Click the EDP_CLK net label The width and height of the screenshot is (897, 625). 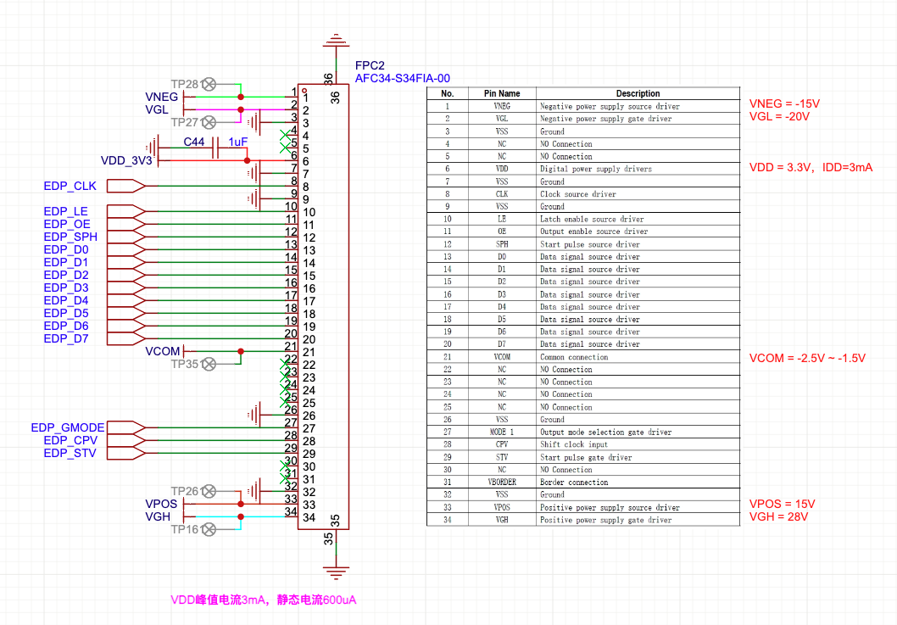pyautogui.click(x=70, y=186)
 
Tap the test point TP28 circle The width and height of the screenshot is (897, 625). pyautogui.click(x=209, y=84)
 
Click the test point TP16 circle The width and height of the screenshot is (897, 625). pyautogui.click(x=209, y=529)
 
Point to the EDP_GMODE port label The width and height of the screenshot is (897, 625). pyautogui.click(x=68, y=427)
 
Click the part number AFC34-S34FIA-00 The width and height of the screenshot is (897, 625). pyautogui.click(x=402, y=78)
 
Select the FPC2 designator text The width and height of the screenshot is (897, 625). pyautogui.click(x=370, y=66)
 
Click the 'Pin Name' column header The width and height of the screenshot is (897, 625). pyautogui.click(x=502, y=93)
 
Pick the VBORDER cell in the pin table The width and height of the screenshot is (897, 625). pyautogui.click(x=502, y=482)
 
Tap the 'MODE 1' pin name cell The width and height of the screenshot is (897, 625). pyautogui.click(x=502, y=432)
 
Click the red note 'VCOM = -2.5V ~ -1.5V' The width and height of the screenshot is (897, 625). pyautogui.click(x=807, y=358)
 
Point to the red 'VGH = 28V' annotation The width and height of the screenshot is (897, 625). pyautogui.click(x=778, y=516)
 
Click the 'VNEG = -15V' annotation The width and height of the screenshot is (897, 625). pyautogui.click(x=784, y=103)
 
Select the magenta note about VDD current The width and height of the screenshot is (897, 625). pyautogui.click(x=263, y=600)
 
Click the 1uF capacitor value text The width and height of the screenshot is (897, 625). pyautogui.click(x=238, y=142)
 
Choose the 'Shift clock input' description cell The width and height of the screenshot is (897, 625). pyautogui.click(x=574, y=444)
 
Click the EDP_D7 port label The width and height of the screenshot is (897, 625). pyautogui.click(x=66, y=339)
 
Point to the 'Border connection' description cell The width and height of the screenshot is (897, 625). pyautogui.click(x=574, y=483)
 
